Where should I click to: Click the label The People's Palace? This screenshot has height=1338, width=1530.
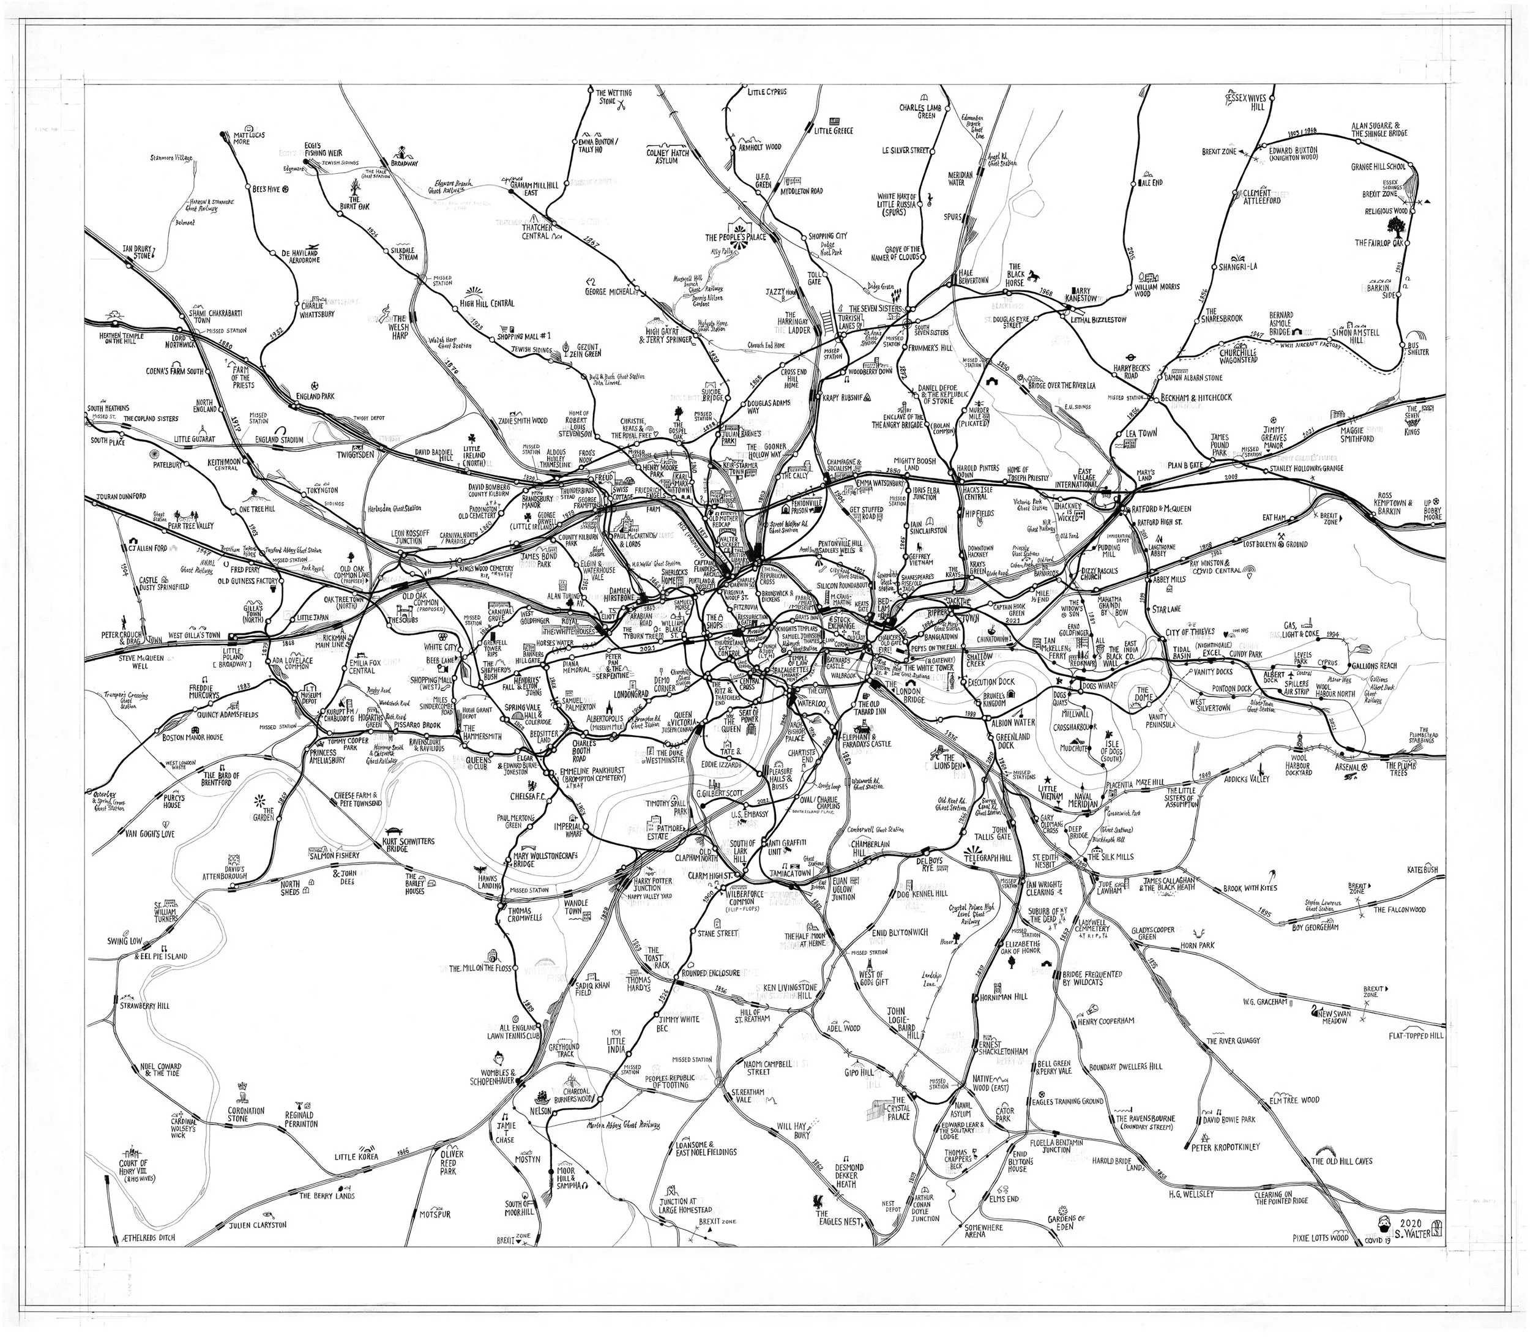(x=736, y=237)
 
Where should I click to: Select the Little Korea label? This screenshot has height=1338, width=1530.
(x=356, y=1157)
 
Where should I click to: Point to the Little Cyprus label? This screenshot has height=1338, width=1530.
(x=767, y=92)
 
